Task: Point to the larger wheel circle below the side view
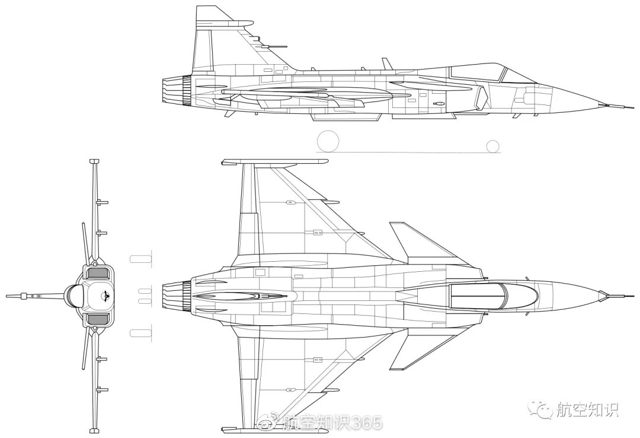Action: [328, 141]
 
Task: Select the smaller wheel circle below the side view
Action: [493, 146]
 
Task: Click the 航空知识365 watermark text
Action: [333, 423]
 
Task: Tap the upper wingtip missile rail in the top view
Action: [274, 162]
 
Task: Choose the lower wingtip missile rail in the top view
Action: [274, 430]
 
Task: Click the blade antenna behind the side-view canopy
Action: [386, 64]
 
